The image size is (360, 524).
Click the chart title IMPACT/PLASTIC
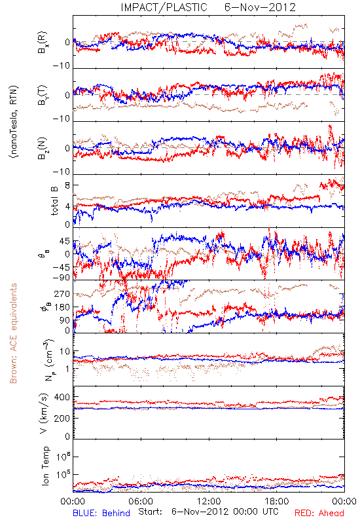pos(164,7)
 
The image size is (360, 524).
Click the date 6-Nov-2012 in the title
pos(260,7)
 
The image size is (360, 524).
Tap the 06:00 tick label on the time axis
pos(141,501)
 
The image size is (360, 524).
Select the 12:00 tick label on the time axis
pos(209,501)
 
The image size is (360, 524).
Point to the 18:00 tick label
pos(277,501)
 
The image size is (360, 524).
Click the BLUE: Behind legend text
pos(101,513)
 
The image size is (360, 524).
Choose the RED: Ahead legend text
pos(319,513)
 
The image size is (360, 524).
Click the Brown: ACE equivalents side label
pos(13,333)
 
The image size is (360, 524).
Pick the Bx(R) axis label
pos(43,43)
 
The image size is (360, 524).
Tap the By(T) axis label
pos(43,95)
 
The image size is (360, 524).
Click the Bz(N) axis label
pos(43,148)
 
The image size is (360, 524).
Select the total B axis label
pos(54,201)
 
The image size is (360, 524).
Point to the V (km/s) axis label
pos(44,413)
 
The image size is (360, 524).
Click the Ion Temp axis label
pos(45,466)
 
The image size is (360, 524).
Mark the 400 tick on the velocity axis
pos(62,397)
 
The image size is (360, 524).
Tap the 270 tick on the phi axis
pos(62,293)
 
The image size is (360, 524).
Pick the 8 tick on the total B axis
pos(67,185)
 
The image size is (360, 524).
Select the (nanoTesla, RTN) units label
pos(14,122)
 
